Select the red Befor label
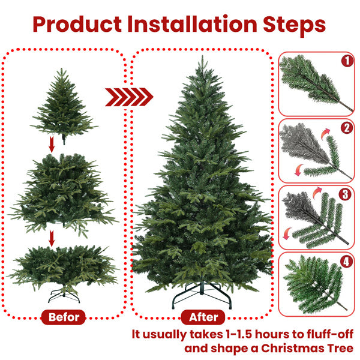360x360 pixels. [64, 317]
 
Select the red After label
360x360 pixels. [203, 317]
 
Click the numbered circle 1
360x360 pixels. [346, 61]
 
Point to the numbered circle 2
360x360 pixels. [346, 128]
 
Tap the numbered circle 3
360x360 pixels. [346, 194]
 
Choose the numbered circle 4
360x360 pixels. [346, 261]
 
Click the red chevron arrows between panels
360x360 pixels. [129, 97]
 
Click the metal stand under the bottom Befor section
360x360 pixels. [64, 296]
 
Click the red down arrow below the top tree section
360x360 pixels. [52, 145]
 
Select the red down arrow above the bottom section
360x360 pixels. [52, 238]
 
